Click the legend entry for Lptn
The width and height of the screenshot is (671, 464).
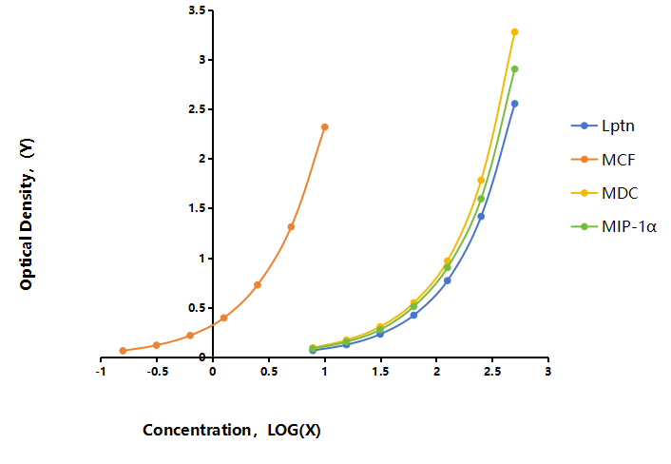(x=603, y=126)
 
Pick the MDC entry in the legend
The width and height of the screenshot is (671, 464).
(x=604, y=193)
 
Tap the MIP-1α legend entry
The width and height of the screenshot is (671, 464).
(x=614, y=226)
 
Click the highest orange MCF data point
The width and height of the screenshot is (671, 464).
(x=325, y=127)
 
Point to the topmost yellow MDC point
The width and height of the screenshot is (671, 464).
(x=515, y=32)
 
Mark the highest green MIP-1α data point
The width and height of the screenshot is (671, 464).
(x=515, y=68)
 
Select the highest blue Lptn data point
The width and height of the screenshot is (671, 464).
(x=515, y=104)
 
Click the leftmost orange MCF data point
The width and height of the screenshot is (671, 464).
(x=123, y=351)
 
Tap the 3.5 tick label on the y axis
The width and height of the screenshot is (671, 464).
(x=197, y=10)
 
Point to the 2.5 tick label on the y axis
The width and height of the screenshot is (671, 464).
(x=197, y=109)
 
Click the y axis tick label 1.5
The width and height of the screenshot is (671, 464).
(x=197, y=208)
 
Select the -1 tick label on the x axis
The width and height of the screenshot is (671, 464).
(x=101, y=372)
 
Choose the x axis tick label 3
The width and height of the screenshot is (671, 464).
(x=548, y=372)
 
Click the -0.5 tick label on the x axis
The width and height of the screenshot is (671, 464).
(x=157, y=372)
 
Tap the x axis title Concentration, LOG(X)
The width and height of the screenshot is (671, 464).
(x=232, y=430)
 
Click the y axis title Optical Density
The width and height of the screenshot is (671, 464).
(x=27, y=214)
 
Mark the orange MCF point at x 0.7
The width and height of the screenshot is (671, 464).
(x=291, y=227)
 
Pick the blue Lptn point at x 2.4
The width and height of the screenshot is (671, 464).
(x=481, y=217)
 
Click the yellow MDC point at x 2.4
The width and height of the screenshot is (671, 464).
(x=481, y=181)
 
